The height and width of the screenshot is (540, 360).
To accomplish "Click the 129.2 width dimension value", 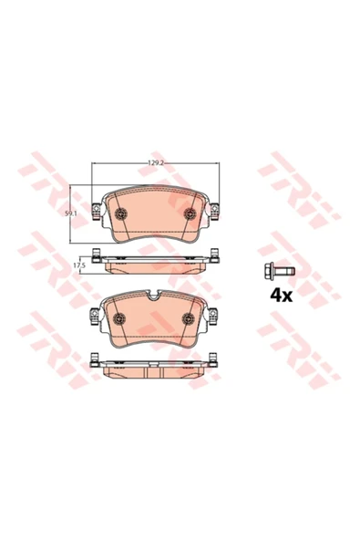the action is tap(155, 163).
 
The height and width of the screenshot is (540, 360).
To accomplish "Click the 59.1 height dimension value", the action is tap(70, 213).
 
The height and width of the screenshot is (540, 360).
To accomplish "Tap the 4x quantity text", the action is tap(282, 296).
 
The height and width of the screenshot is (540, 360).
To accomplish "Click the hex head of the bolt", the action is tap(269, 271).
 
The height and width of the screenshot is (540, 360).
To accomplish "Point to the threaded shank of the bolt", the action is tap(284, 271).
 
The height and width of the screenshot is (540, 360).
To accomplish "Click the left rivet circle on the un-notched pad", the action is tap(120, 213).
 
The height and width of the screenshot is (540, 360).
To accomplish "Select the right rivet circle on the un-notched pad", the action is tap(190, 213).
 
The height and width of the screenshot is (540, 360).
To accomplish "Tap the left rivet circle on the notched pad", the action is tap(119, 318).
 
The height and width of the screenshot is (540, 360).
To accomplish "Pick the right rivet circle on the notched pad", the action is tap(188, 318).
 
